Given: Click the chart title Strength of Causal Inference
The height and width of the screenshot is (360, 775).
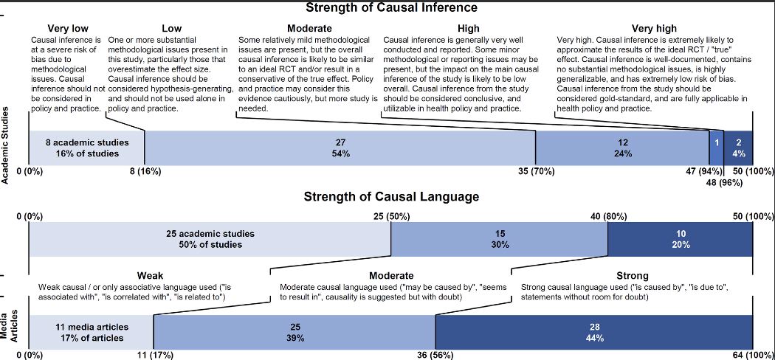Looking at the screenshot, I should click(x=392, y=8).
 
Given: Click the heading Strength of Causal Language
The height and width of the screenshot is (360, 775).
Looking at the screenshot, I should click(x=391, y=197).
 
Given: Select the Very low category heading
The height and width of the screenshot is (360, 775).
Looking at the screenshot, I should click(x=68, y=29).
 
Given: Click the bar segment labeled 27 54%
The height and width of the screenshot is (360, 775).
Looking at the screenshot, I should click(x=340, y=148).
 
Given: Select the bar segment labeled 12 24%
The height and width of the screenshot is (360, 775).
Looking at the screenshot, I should click(x=622, y=148).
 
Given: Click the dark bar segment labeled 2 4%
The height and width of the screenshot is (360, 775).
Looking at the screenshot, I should click(x=738, y=148).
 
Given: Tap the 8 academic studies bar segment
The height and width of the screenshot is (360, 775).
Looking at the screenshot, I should click(x=87, y=148).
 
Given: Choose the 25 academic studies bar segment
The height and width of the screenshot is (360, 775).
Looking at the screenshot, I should click(x=210, y=239).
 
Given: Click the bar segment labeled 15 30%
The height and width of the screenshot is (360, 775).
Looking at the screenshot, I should click(x=499, y=239).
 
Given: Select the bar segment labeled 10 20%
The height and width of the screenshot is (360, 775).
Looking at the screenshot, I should click(x=680, y=239).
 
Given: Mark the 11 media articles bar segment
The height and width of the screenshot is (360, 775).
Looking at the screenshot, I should click(x=91, y=332).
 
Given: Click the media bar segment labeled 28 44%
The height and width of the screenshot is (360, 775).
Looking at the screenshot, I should click(x=594, y=332).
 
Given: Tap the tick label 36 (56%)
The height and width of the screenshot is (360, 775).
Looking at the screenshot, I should click(x=435, y=354).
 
